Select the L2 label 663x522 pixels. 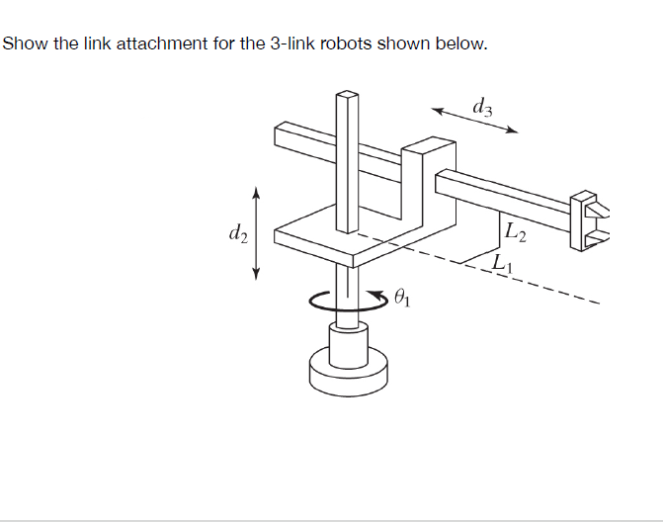[x=515, y=234]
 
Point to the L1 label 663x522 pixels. [x=502, y=263]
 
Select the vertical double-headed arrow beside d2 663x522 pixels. [x=257, y=233]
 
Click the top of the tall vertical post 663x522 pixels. [x=347, y=97]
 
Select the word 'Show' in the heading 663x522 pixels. [x=24, y=44]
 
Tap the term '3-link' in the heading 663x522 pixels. [x=294, y=44]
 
